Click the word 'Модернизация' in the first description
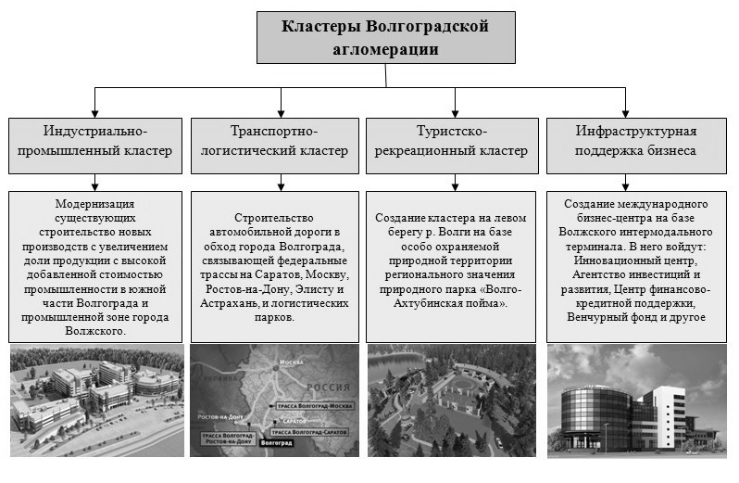point(95,203)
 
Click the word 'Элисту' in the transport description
point(309,289)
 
